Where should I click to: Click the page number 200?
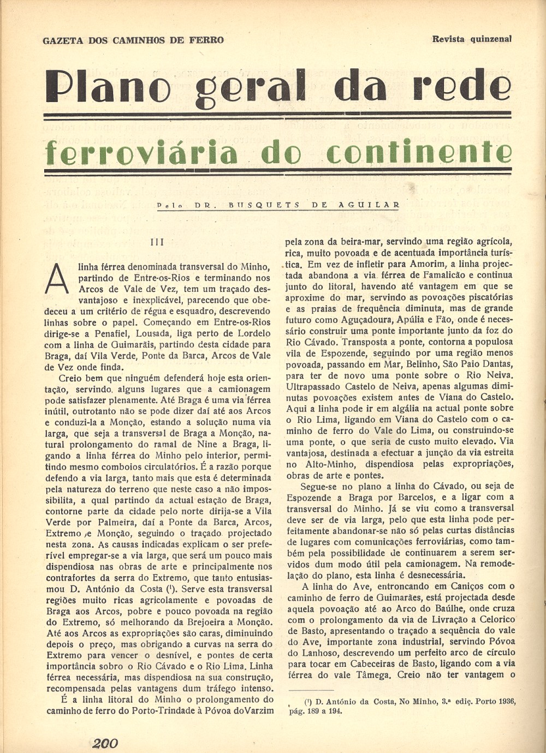click(x=106, y=743)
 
